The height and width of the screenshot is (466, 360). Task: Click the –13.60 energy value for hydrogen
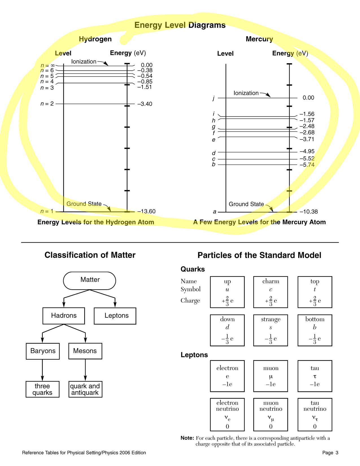click(146, 212)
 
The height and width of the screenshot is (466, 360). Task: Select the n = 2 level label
click(47, 104)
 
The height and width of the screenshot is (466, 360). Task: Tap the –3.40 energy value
click(145, 104)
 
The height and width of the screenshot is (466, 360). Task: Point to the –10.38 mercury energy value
click(309, 212)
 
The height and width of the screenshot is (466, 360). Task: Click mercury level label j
click(214, 98)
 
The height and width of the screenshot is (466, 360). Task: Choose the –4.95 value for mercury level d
click(307, 152)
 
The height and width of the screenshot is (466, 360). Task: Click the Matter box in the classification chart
click(90, 280)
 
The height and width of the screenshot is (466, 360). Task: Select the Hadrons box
click(64, 316)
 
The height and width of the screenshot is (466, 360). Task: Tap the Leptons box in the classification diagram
click(115, 316)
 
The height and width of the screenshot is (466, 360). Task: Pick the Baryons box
click(43, 351)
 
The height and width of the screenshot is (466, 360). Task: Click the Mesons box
click(85, 351)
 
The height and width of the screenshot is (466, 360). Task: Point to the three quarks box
click(43, 389)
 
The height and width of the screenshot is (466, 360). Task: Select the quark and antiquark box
click(85, 389)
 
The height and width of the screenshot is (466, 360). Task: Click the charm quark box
click(270, 292)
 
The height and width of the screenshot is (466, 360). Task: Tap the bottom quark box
click(315, 330)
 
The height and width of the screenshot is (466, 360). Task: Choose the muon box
click(270, 376)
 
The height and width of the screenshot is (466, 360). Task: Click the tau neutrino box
click(315, 414)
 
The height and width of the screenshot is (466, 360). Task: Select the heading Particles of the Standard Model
click(259, 255)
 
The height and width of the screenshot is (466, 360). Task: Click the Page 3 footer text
click(330, 453)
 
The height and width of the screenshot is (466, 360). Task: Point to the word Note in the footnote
click(187, 438)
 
